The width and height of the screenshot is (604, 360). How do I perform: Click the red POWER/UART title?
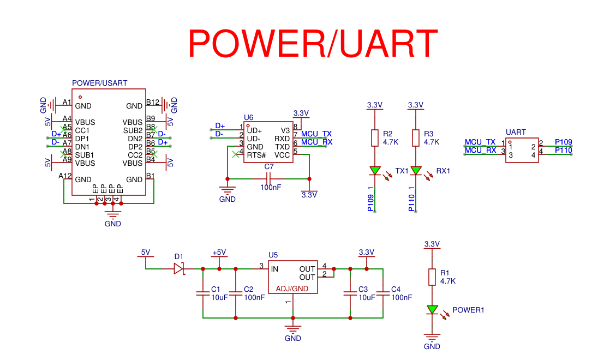tap(313, 43)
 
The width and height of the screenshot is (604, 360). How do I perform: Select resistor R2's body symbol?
tap(375, 138)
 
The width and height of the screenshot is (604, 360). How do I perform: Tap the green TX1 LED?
tap(375, 171)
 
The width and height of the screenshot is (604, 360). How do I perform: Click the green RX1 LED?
tap(416, 171)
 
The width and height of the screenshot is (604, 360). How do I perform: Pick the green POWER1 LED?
tap(432, 310)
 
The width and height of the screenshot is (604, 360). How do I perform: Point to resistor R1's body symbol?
tap(432, 277)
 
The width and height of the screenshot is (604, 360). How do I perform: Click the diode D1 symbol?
tap(179, 268)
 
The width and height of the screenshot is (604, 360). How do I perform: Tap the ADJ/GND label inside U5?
tap(292, 289)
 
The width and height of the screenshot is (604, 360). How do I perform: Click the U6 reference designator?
tap(249, 117)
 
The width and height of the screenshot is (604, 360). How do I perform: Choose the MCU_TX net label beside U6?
tap(316, 134)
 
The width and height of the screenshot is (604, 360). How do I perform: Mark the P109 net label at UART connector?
tap(563, 142)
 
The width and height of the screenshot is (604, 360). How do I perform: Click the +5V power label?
tap(219, 252)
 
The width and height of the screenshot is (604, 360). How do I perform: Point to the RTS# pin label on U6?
tap(256, 155)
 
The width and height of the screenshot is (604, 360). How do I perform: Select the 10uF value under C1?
tap(219, 298)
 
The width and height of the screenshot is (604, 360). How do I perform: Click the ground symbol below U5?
tap(293, 329)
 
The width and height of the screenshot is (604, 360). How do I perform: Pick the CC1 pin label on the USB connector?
tap(82, 130)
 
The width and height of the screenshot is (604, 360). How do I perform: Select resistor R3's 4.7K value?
tap(431, 142)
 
